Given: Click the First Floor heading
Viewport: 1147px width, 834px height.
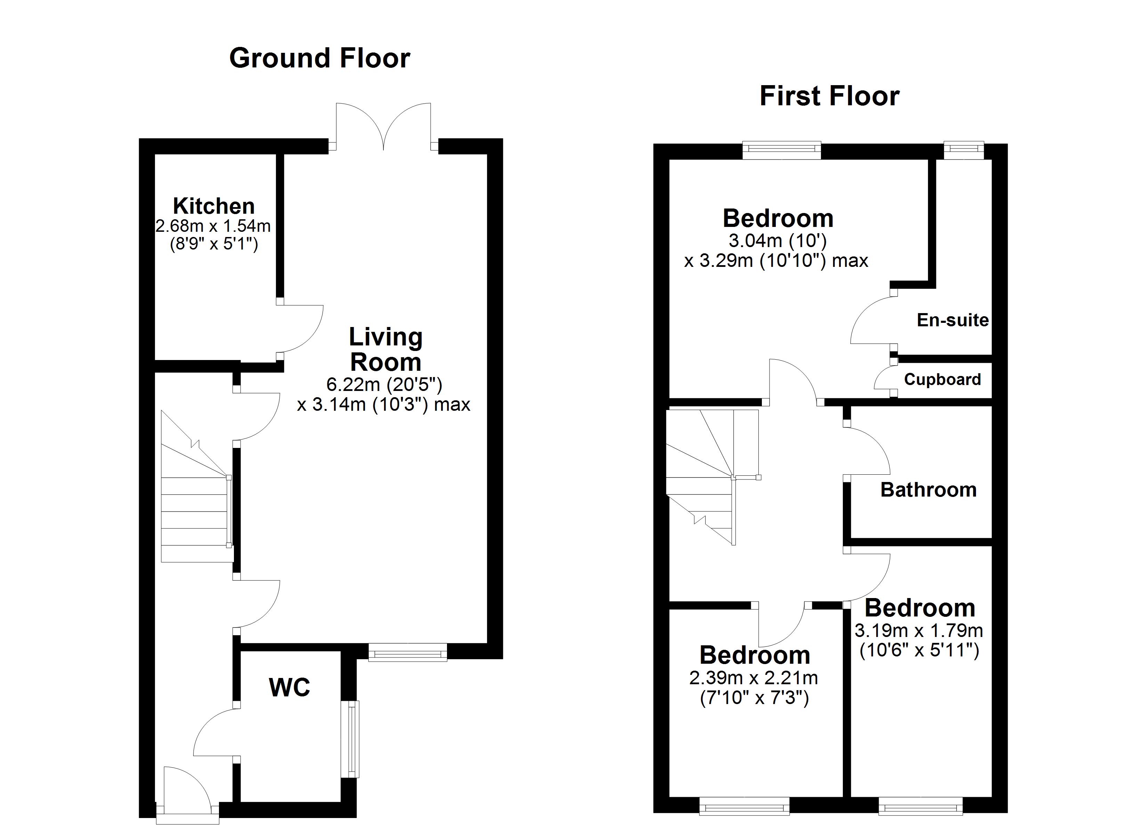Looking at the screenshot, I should click(829, 96).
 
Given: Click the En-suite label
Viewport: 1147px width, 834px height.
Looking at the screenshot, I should click(953, 320).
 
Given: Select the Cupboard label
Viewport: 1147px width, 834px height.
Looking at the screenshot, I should click(942, 379).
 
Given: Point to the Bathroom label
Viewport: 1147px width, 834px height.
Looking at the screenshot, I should click(928, 490).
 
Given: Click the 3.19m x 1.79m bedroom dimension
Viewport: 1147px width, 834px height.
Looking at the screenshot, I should click(919, 631).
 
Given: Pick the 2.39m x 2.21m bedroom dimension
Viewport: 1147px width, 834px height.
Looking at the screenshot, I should click(754, 678).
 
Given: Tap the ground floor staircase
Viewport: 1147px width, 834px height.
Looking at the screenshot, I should click(195, 501).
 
